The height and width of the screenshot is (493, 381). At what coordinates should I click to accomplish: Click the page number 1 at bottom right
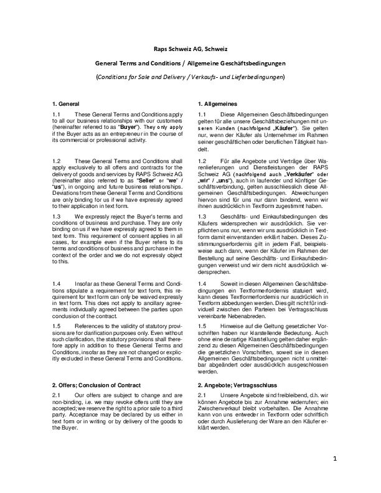(334, 476)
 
